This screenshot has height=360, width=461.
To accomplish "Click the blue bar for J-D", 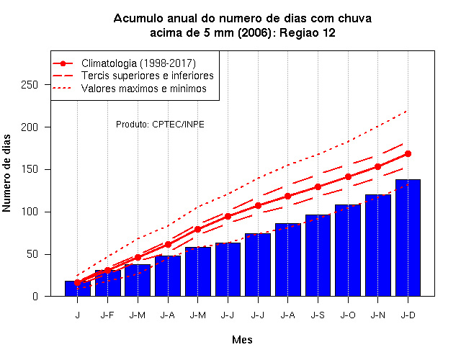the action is coord(408,238).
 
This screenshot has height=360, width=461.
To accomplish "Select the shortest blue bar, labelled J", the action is coord(78,289).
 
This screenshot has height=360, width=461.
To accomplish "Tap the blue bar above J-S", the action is coord(318,256).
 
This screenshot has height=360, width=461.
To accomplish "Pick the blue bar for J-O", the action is coord(348,251).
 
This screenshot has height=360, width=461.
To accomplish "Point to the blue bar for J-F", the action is coord(108,283).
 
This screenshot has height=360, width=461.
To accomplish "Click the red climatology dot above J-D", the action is coord(408,153).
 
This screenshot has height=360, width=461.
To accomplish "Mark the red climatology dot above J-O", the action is coord(348,176).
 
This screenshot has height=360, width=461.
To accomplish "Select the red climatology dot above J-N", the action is coord(377,166).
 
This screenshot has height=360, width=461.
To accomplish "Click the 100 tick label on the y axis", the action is coord(30,212).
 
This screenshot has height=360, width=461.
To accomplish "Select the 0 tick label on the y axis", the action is coord(35,296).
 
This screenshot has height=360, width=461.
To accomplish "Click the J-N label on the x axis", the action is coord(377,315).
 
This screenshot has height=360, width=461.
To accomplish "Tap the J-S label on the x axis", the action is coord(318,315).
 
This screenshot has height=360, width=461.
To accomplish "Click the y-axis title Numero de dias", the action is coord(6,173).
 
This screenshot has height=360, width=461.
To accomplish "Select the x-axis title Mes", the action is coord(242,340).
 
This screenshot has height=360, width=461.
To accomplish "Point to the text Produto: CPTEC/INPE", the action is coord(160,125).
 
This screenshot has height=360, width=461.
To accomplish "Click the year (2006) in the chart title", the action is coord(254,32).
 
